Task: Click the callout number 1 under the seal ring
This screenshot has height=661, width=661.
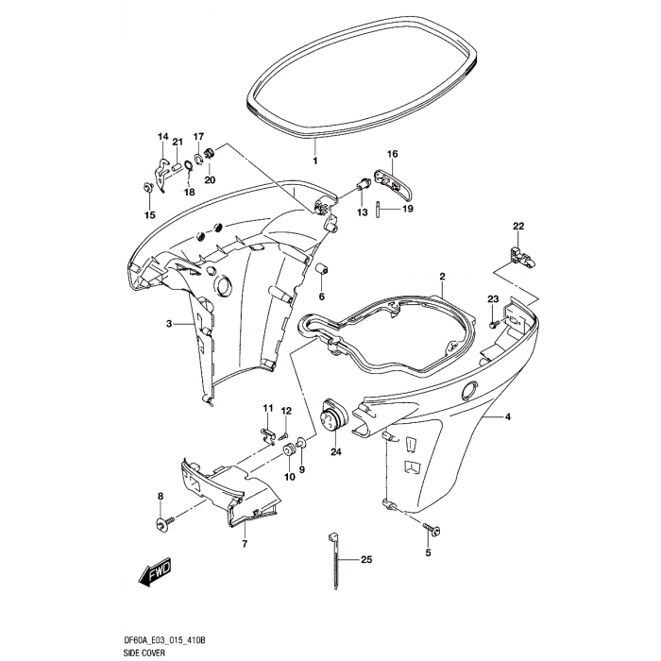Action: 315,161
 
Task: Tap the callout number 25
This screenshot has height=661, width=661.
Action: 366,560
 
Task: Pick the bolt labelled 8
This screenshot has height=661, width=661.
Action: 159,521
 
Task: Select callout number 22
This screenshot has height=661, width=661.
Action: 517,226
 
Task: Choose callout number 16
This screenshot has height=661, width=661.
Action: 393,154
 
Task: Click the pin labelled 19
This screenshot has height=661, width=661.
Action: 377,209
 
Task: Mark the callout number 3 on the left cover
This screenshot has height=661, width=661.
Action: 169,324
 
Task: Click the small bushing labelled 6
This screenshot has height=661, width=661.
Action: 320,267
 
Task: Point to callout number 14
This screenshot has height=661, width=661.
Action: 161,137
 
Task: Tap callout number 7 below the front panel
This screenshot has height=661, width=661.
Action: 244,545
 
